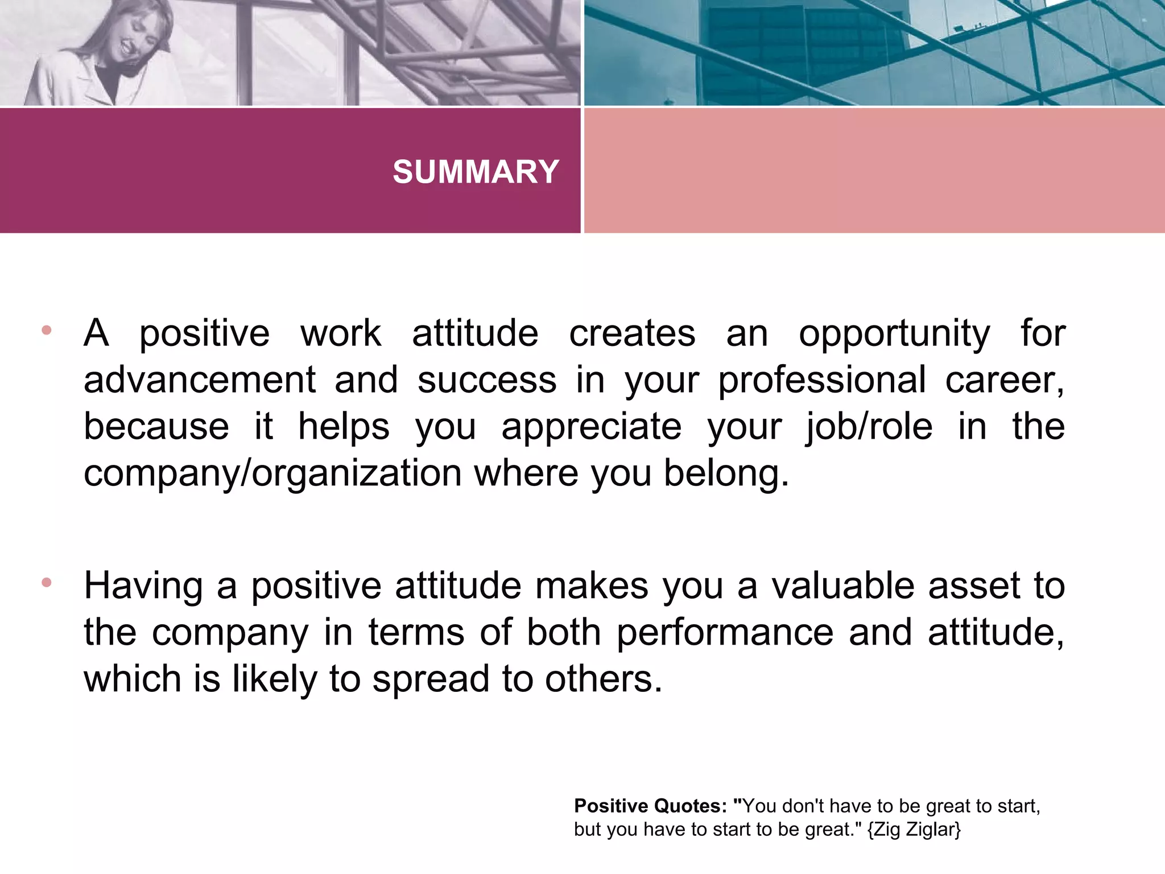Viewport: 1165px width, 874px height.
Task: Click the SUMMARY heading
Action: point(476,172)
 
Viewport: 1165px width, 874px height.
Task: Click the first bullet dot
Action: point(47,330)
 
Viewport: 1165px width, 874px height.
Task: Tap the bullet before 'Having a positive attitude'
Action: point(47,583)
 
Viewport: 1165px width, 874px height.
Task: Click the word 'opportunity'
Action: point(894,335)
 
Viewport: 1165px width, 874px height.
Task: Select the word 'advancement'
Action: point(200,380)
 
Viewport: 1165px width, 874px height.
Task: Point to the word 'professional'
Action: point(822,381)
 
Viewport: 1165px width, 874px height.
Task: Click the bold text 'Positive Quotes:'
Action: point(650,806)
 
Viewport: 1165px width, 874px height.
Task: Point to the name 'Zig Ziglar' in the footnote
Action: point(914,830)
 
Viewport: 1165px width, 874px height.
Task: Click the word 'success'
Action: point(487,380)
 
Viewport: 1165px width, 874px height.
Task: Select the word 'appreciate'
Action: point(591,428)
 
